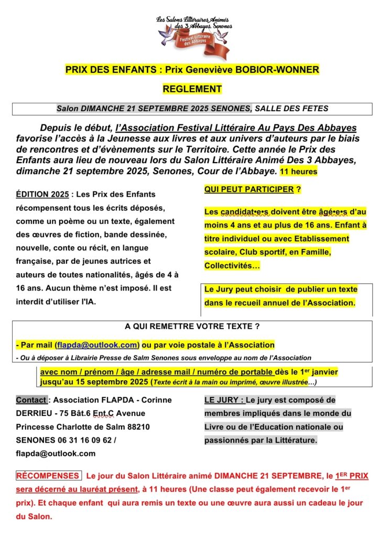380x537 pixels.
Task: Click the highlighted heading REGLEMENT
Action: [192, 89]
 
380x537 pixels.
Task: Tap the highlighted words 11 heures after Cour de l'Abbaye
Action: [298, 171]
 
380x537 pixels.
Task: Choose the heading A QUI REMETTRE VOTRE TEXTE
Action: [192, 326]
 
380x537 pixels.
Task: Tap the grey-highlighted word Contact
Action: [31, 400]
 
